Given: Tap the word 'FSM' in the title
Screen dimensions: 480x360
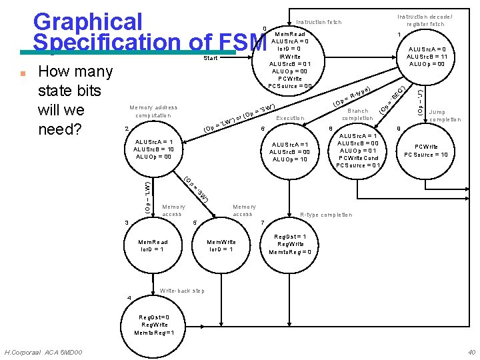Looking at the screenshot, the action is coord(241,42).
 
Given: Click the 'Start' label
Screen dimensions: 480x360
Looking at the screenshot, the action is coord(211,59).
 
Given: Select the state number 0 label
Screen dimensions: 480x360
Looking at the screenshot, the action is coord(265,28).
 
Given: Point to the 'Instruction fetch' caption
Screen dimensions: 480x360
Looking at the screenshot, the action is coord(318,22).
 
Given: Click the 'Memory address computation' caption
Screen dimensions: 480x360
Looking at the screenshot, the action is coord(153,111).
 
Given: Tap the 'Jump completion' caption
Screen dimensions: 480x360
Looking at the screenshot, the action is coord(445,116).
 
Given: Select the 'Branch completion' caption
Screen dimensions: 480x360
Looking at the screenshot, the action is coord(357,114).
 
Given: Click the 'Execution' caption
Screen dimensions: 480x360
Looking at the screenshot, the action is coord(290,118).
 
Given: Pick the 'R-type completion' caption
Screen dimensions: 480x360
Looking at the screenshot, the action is coord(326,215).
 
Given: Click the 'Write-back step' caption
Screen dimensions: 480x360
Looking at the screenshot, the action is coord(182,291).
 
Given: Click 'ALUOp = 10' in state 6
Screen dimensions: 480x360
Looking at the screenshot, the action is coord(289,159).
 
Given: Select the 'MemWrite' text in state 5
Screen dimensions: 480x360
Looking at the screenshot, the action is coord(221,242).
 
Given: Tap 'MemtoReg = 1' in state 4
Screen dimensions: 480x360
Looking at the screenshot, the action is coord(154,333).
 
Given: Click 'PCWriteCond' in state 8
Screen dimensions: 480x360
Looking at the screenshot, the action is coord(359,158).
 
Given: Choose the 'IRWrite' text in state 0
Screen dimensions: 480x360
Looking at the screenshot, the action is coord(289,57).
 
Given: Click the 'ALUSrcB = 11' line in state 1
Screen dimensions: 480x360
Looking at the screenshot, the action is coord(426,57).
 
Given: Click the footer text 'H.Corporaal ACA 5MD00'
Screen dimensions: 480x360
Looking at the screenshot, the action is coord(43,352).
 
